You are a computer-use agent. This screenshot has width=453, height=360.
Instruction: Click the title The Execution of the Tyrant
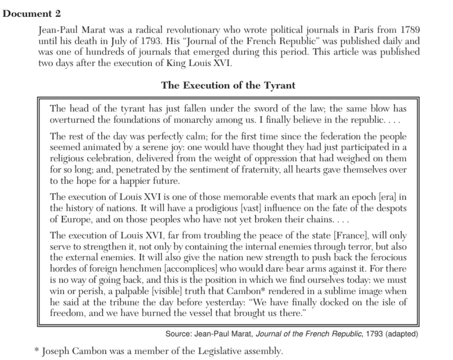tap(228, 86)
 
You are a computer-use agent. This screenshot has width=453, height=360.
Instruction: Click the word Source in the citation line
tap(177, 333)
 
